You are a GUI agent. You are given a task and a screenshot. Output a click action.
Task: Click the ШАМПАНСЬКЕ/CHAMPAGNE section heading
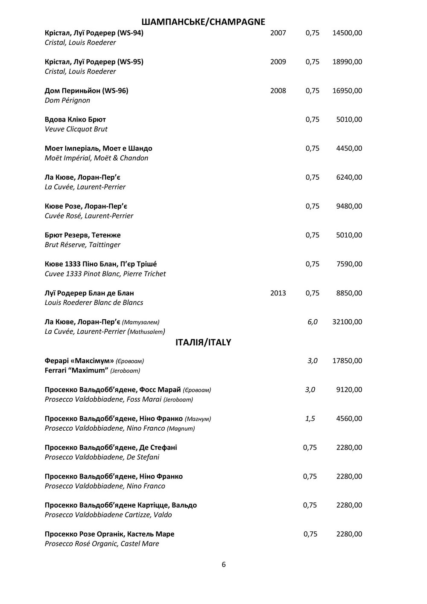[203, 22]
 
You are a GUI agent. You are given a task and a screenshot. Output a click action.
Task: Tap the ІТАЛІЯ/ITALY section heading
[203, 342]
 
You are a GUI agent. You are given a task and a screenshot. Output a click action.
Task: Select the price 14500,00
[347, 33]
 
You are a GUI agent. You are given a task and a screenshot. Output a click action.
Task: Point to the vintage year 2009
[278, 62]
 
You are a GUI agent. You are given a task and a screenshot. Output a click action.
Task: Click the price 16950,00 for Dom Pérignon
[347, 90]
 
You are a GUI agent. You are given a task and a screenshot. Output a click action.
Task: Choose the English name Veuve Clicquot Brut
[76, 129]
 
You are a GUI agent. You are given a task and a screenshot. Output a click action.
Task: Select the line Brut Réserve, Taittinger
[82, 245]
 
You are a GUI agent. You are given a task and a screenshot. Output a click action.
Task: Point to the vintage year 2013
[278, 293]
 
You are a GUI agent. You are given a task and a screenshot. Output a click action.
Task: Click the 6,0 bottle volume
[313, 322]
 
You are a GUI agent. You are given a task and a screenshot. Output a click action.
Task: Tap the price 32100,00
[347, 322]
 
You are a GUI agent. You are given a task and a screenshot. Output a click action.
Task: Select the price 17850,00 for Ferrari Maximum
[347, 361]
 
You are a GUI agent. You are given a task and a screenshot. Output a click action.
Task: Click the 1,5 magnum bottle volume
[310, 419]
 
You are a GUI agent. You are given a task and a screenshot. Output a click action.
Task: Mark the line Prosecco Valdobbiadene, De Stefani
[102, 457]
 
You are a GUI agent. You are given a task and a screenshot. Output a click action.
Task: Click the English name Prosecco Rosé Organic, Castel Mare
[102, 544]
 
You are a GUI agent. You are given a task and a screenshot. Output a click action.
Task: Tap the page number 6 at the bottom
[224, 565]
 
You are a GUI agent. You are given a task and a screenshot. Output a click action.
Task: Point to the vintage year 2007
[278, 33]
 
